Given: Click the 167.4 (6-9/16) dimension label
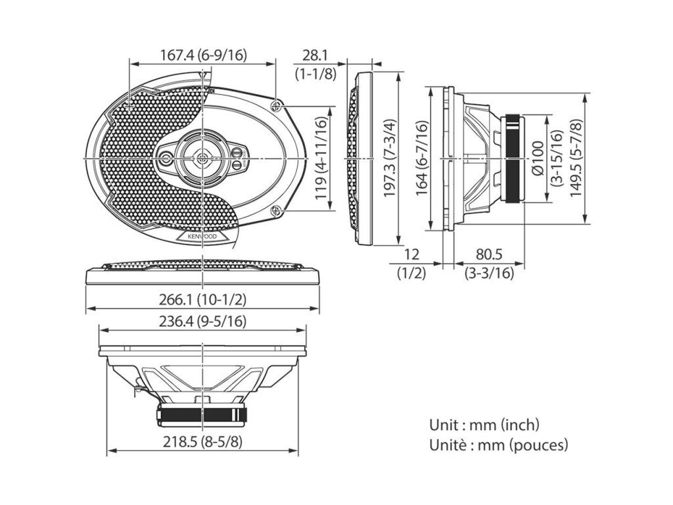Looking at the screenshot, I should [203, 56].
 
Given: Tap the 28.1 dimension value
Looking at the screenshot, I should [315, 56].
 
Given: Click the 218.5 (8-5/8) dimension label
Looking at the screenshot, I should [202, 442].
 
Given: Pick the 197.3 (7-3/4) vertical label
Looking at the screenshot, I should [390, 158].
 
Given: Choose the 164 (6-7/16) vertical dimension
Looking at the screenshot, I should [421, 158].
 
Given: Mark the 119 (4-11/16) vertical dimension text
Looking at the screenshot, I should [321, 159].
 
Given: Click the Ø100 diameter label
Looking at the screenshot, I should [538, 158].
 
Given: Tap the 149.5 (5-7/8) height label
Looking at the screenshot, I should [576, 158].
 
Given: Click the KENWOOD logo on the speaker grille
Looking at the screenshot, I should [202, 235].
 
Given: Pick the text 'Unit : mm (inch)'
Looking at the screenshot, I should [484, 425].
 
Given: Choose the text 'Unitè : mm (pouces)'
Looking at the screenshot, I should [498, 445].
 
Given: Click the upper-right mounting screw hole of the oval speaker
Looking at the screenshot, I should [277, 105].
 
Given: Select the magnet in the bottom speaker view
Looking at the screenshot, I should [202, 414].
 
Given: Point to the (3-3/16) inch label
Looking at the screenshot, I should [489, 273].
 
